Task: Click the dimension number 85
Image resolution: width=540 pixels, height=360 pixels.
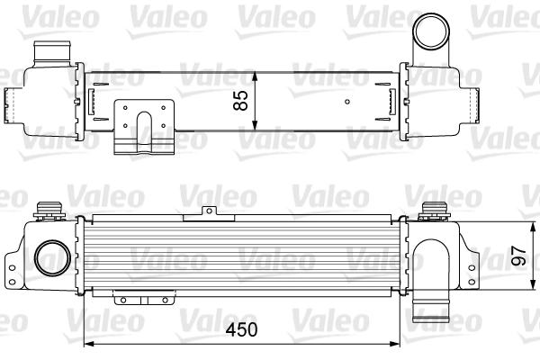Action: [240, 99]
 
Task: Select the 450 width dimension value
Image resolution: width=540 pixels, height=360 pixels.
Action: [240, 329]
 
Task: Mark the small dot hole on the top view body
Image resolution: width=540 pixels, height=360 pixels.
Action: [346, 102]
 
